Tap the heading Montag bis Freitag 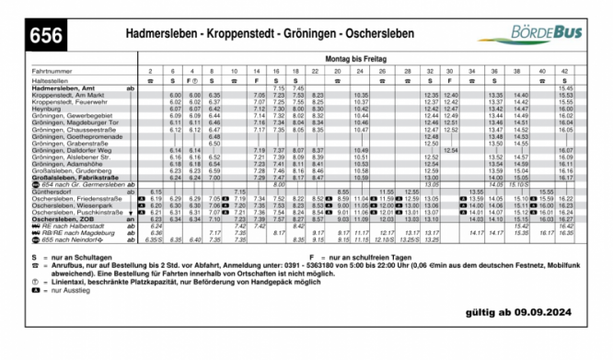tap(357, 57)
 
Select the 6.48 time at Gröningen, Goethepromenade tap(214, 136)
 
